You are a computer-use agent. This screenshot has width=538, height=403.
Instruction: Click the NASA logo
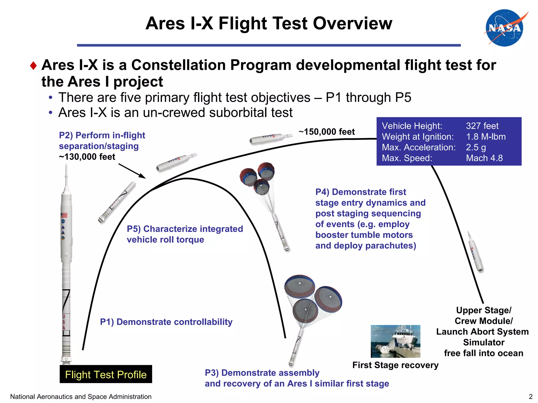point(505,28)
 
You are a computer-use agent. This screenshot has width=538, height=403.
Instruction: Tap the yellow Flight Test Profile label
point(106,374)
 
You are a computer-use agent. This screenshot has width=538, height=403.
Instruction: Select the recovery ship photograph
point(395,341)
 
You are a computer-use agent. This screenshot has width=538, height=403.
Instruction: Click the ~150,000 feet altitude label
point(327,132)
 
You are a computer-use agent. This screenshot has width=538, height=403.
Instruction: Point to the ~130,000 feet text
point(87,157)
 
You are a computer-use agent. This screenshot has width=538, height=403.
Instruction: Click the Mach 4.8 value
point(484,158)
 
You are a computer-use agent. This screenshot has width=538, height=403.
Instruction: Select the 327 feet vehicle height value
point(482,126)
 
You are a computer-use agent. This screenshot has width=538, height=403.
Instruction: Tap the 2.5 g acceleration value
point(476,147)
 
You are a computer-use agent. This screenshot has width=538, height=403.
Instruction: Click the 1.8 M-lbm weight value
point(486,137)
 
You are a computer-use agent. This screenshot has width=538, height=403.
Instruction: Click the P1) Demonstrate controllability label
point(166,322)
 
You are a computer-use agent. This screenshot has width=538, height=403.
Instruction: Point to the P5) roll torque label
point(185,234)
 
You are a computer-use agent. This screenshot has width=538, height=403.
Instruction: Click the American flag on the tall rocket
point(64,215)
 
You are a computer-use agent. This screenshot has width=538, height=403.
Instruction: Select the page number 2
point(530,396)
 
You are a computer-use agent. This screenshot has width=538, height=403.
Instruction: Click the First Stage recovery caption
point(395,365)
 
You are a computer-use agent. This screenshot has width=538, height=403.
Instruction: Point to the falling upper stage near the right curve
point(475,252)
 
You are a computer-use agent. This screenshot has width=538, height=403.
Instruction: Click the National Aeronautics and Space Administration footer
point(81,397)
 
